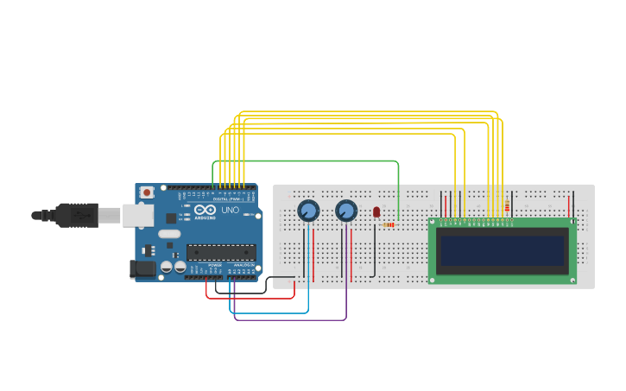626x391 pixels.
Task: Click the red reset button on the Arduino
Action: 147,192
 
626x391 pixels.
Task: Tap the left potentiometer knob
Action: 308,211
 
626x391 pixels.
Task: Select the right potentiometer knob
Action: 346,211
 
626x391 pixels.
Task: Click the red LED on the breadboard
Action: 376,211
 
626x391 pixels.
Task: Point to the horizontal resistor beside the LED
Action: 388,225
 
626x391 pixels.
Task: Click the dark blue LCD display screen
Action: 502,251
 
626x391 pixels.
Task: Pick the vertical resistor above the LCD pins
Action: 507,206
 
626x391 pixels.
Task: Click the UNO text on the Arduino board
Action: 230,210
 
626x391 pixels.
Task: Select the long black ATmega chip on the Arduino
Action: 221,252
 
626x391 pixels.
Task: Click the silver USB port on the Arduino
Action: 137,215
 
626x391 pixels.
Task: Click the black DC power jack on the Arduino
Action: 143,269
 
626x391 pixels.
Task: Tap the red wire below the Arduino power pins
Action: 250,298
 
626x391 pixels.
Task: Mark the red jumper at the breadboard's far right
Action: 569,206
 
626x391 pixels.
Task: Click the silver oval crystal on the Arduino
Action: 169,234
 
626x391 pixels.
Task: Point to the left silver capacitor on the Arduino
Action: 167,268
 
